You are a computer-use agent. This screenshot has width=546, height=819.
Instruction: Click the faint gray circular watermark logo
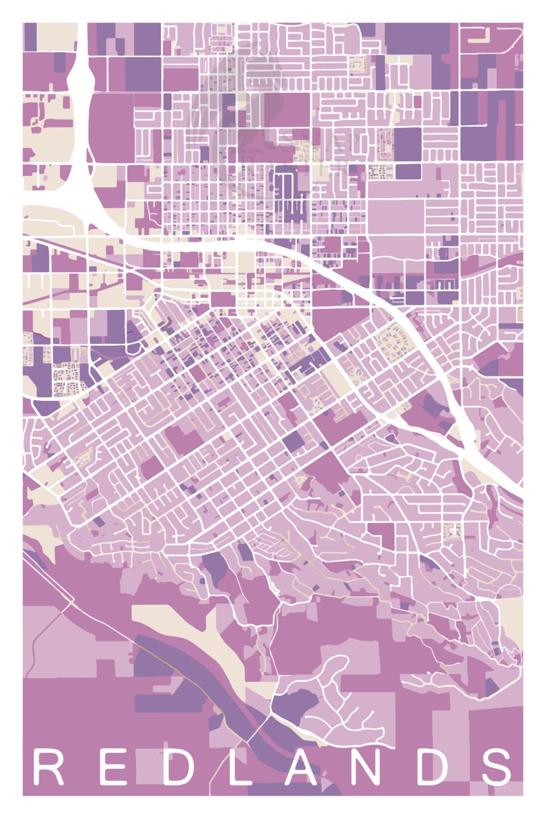(x=237, y=103)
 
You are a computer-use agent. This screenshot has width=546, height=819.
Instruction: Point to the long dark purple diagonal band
(x=206, y=688)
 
